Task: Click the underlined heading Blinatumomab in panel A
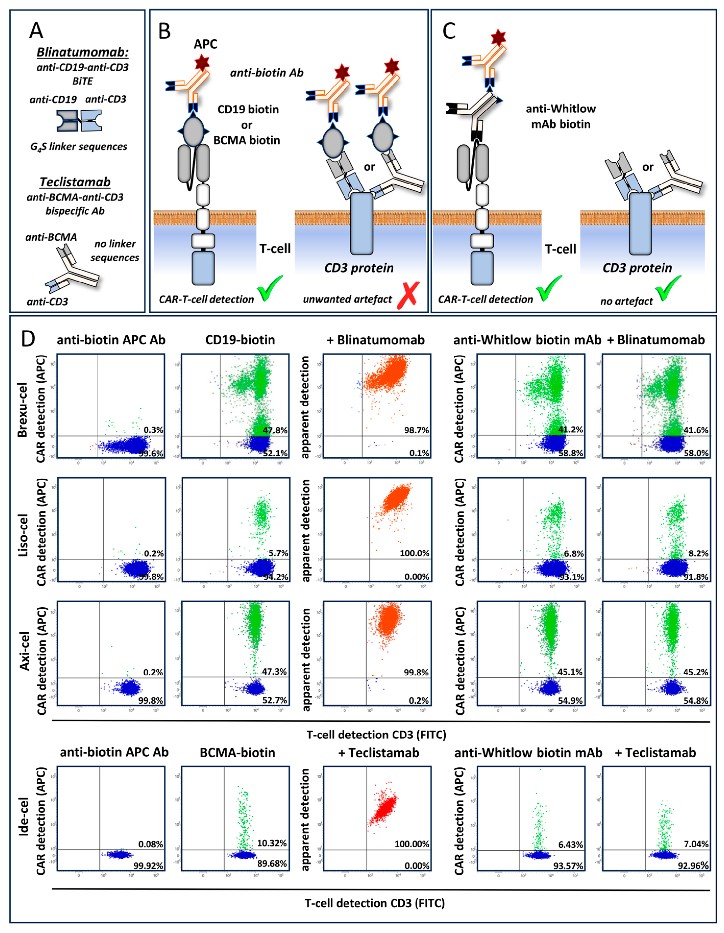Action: click(82, 52)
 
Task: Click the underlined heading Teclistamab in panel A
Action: click(75, 182)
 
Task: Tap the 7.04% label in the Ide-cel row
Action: click(696, 844)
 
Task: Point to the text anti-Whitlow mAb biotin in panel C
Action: click(560, 116)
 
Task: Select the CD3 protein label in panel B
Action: click(359, 268)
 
